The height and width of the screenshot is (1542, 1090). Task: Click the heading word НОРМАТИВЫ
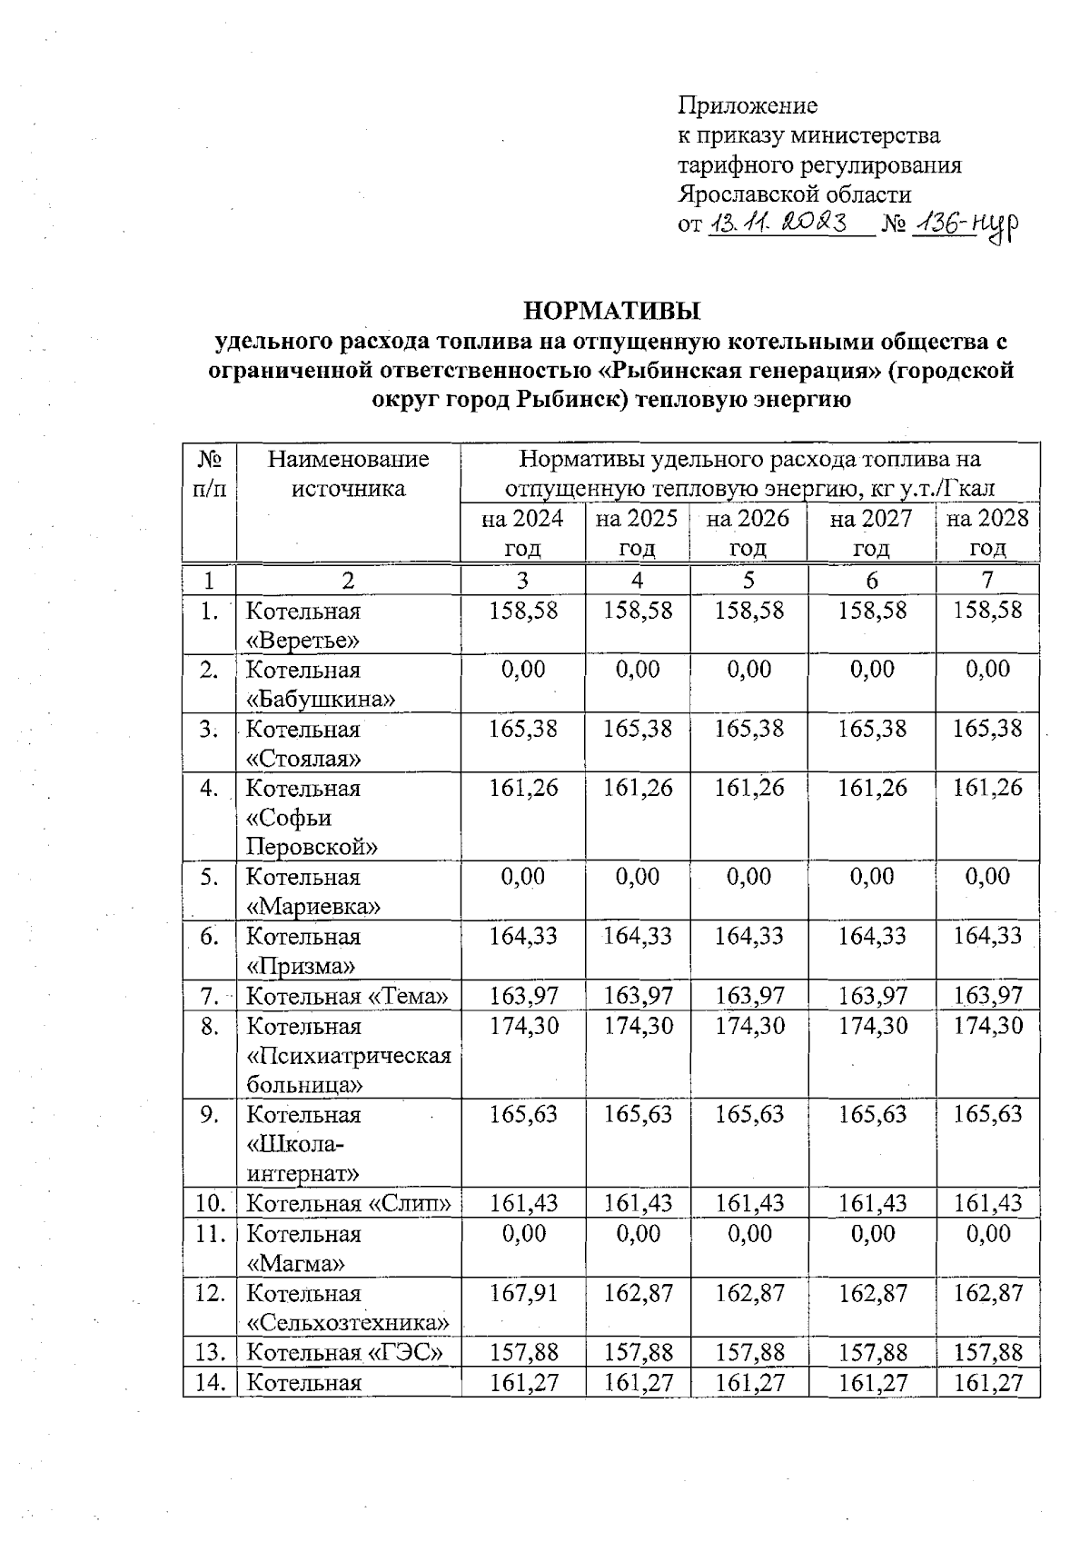612,311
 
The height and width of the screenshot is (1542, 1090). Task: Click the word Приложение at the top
748,105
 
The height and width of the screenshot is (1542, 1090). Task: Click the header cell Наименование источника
348,473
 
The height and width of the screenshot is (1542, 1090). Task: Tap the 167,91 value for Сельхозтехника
523,1293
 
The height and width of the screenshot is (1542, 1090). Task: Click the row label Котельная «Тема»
348,997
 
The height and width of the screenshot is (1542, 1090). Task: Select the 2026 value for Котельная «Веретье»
748,610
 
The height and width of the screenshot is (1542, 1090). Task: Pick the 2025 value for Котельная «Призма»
637,936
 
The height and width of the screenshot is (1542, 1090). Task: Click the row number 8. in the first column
210,1027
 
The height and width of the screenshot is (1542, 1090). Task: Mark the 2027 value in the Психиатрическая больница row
871,1026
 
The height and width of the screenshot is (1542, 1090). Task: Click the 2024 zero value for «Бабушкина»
523,670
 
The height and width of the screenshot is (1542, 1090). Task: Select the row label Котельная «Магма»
304,1248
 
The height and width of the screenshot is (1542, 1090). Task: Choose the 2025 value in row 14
637,1382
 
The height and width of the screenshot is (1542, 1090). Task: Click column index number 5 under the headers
748,581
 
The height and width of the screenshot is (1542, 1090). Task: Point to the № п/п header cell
210,473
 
